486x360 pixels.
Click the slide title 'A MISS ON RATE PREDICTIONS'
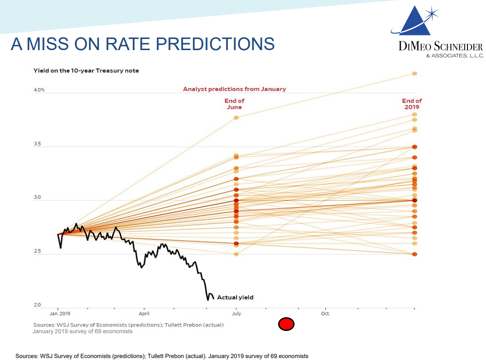(x=143, y=44)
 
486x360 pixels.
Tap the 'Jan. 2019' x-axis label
(x=60, y=314)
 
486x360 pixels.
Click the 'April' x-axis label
(x=144, y=314)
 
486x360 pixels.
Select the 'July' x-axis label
(x=236, y=314)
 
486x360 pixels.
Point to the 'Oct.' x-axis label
(x=325, y=314)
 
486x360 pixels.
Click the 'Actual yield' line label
(x=235, y=297)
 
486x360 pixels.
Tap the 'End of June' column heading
(x=234, y=104)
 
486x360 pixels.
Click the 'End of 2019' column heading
(x=412, y=104)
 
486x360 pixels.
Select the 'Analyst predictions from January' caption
(x=234, y=89)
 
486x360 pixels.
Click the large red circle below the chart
(x=286, y=324)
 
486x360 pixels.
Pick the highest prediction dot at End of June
(x=236, y=118)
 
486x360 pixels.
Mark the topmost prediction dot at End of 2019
(x=414, y=73)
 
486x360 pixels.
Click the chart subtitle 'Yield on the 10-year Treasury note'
(x=86, y=71)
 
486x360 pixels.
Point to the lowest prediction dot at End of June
(x=236, y=254)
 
